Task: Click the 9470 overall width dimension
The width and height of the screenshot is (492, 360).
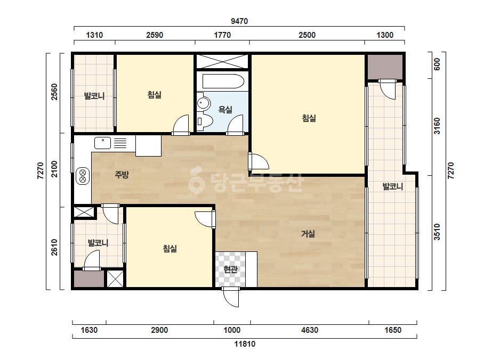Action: pyautogui.click(x=239, y=21)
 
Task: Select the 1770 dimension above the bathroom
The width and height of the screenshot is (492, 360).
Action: pyautogui.click(x=222, y=35)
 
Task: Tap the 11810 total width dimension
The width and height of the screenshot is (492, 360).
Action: pyautogui.click(x=245, y=344)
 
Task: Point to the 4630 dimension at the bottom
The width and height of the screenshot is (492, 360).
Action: pyautogui.click(x=309, y=330)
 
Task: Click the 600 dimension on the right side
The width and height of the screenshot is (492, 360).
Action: pyautogui.click(x=437, y=64)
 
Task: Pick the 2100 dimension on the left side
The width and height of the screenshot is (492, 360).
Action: pyautogui.click(x=54, y=169)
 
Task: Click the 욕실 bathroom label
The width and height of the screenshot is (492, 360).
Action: pyautogui.click(x=225, y=110)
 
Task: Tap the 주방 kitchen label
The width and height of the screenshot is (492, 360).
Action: pyautogui.click(x=122, y=174)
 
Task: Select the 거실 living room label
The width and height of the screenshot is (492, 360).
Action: pyautogui.click(x=308, y=234)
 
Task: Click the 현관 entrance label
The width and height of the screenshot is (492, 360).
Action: pyautogui.click(x=231, y=269)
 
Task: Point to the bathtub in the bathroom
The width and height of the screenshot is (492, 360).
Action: pyautogui.click(x=223, y=81)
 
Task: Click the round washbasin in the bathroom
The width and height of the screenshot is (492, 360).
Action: pyautogui.click(x=203, y=103)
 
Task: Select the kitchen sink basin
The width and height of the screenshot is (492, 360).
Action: pyautogui.click(x=102, y=143)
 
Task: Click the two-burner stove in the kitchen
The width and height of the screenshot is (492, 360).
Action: pyautogui.click(x=83, y=176)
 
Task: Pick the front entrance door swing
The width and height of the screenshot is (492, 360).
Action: pyautogui.click(x=231, y=297)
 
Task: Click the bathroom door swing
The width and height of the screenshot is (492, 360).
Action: pyautogui.click(x=235, y=125)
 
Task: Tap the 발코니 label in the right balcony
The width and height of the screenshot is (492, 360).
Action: pyautogui.click(x=392, y=187)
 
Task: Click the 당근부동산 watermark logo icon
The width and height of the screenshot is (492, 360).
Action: pyautogui.click(x=196, y=181)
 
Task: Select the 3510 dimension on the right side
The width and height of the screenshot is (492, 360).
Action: pyautogui.click(x=437, y=232)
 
